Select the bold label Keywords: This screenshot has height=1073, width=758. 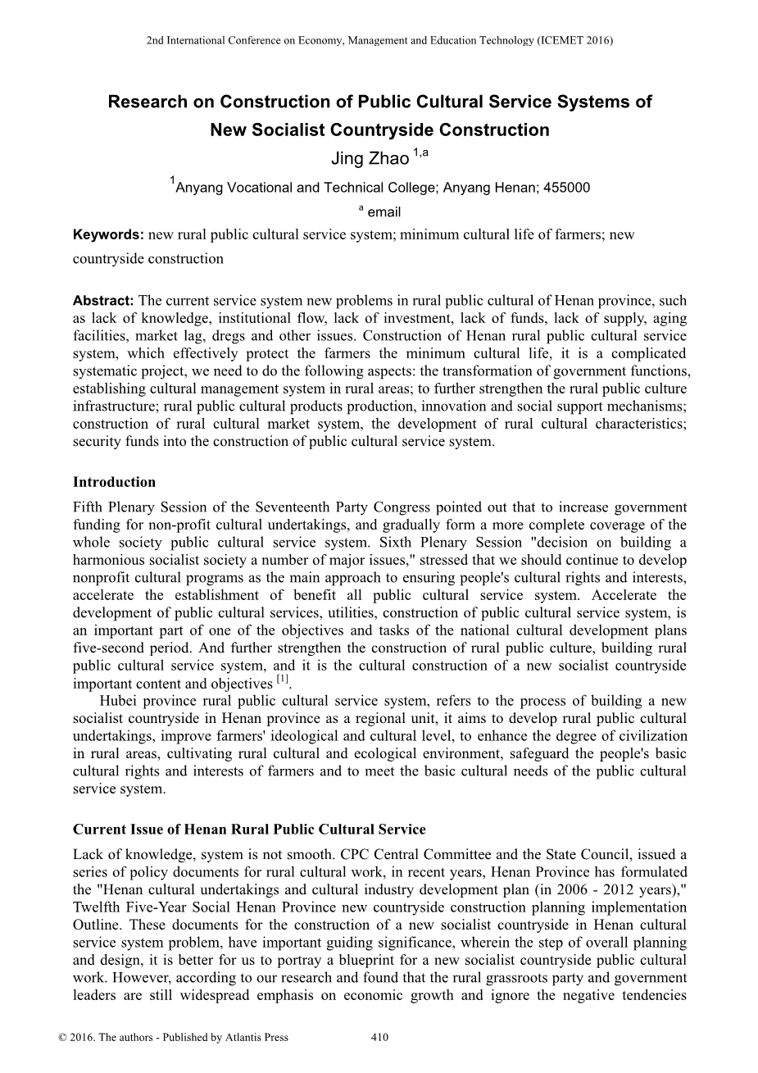tap(108, 234)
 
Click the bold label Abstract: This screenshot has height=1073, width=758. tap(103, 300)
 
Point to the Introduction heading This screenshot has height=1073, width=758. tap(114, 481)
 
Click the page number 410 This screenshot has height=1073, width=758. tap(379, 1037)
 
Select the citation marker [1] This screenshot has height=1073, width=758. tap(283, 680)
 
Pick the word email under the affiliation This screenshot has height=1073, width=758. tap(384, 212)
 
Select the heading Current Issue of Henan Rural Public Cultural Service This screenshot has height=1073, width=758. tap(249, 830)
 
